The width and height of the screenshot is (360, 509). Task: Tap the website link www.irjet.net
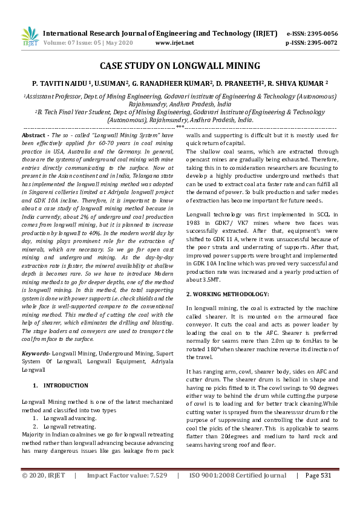click(175, 43)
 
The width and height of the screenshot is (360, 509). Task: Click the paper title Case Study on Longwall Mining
click(180, 65)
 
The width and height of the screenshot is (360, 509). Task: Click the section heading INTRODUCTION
click(66, 385)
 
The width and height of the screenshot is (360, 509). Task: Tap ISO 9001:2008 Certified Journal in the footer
click(238, 493)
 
